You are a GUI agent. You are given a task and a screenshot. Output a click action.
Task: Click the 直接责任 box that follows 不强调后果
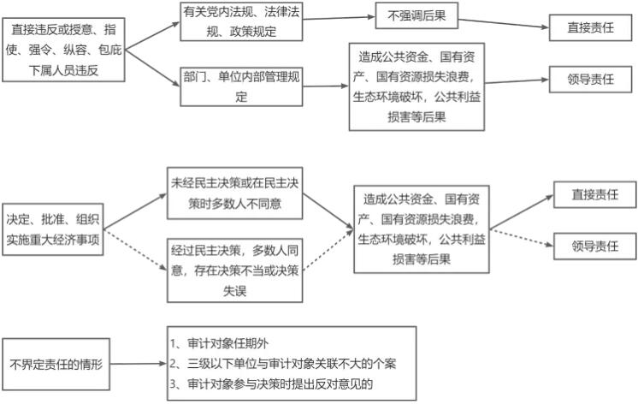click(591, 27)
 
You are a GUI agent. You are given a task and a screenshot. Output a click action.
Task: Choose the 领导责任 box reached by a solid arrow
click(591, 79)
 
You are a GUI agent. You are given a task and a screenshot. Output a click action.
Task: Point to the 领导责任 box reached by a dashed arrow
click(594, 247)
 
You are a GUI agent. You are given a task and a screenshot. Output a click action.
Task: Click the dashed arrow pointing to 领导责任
click(521, 238)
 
